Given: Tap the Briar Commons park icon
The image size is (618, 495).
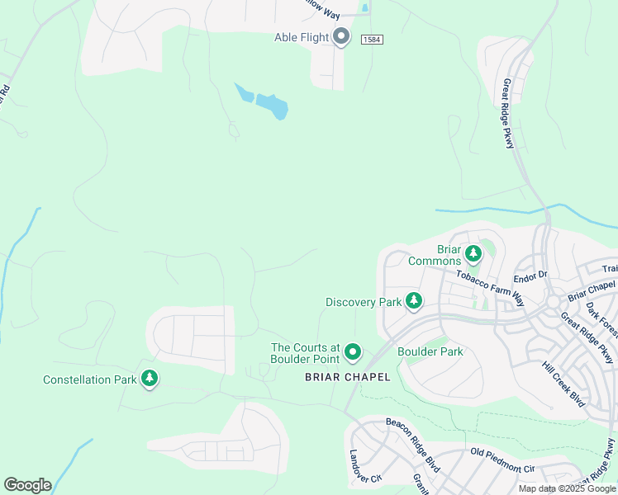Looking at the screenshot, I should tap(473, 253).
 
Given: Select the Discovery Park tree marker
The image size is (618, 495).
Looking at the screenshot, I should tap(414, 302).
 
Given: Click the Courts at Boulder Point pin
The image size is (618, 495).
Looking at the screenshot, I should tap(353, 353).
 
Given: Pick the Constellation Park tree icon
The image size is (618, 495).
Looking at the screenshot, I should tap(150, 379).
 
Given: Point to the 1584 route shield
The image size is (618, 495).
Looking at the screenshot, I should tap(373, 39).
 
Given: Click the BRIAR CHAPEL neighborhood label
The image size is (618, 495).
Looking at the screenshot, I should tap(347, 377).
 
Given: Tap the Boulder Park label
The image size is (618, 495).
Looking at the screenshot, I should tap(430, 351).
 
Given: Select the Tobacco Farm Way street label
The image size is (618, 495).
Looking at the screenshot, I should tap(491, 286).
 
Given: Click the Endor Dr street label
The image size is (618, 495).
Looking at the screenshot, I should tap(531, 275).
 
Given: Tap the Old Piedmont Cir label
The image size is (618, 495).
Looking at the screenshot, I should tap(503, 460).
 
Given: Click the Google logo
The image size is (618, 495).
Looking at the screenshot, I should tap(27, 484).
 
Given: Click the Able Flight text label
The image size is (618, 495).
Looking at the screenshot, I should tap(302, 37).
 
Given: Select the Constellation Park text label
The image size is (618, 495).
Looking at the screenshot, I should tap(88, 379).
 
